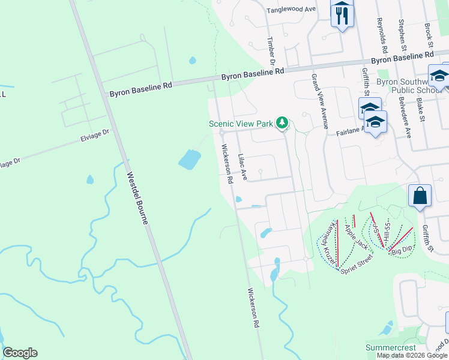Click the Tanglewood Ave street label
tap(291, 10)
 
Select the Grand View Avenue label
tap(319, 101)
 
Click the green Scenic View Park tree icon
tap(282, 124)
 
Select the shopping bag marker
tap(420, 196)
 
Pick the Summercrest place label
tap(390, 348)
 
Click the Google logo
tap(20, 353)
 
